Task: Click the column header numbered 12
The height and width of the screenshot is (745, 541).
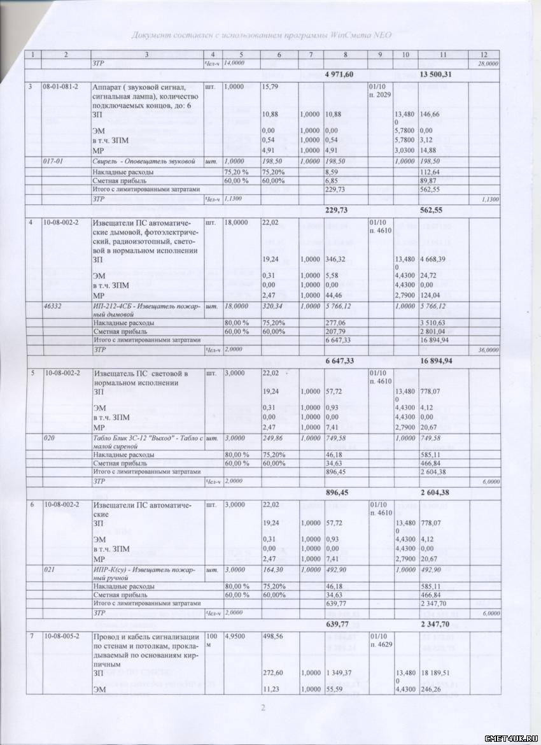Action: [483, 55]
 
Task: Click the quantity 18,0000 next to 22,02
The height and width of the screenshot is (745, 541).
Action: [236, 224]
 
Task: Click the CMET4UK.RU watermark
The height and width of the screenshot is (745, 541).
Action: [510, 737]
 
